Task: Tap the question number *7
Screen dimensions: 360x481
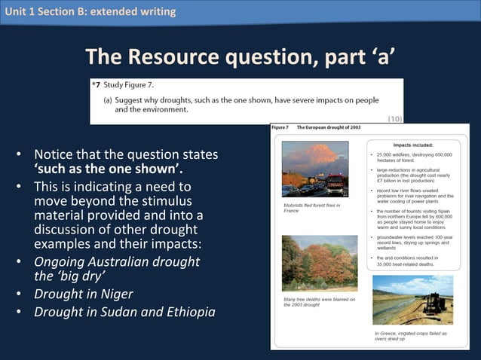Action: (x=97, y=85)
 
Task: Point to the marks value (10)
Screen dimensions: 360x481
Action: (x=394, y=118)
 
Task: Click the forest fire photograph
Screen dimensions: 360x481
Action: (x=314, y=169)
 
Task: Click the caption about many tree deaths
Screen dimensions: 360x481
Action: (x=318, y=302)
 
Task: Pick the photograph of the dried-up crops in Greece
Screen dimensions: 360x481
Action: (x=412, y=300)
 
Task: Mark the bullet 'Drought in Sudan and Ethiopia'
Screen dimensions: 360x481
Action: (x=124, y=312)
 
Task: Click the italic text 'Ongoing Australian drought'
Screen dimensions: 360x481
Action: (x=117, y=261)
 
